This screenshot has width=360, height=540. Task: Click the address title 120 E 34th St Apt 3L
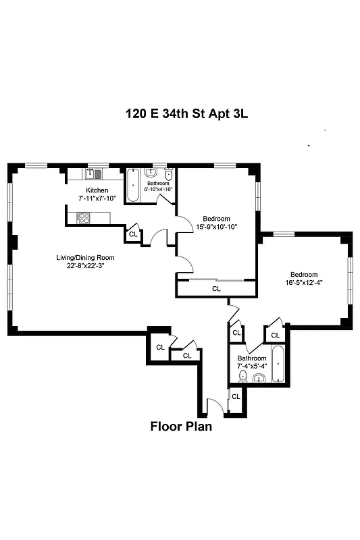point(186,114)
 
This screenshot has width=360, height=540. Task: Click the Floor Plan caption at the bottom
point(180,426)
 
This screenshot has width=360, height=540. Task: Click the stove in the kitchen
point(84,217)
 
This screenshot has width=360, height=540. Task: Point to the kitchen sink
point(95,174)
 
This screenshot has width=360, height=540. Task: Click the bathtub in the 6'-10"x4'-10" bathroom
point(134,183)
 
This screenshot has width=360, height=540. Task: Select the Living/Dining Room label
point(86,257)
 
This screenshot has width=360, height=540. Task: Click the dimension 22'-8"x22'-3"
point(86,265)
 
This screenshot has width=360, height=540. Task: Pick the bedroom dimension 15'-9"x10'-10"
point(216,227)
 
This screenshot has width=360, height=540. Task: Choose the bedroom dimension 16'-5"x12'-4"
point(303,282)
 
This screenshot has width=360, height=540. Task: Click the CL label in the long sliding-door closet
point(216,288)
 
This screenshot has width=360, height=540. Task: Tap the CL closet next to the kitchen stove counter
point(133,234)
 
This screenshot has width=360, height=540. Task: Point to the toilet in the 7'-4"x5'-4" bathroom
point(243,377)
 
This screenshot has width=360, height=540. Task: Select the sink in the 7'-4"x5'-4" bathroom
point(258,379)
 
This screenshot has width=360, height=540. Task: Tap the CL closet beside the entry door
point(236,396)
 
